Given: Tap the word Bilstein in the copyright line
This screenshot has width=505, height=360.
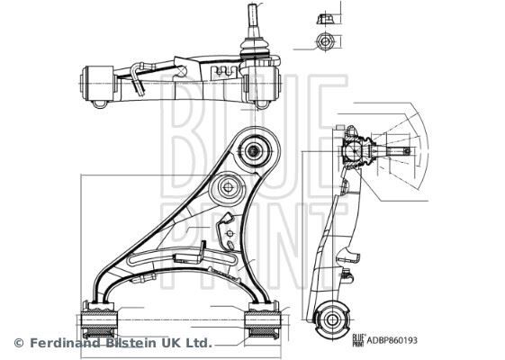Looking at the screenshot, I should click(x=133, y=343).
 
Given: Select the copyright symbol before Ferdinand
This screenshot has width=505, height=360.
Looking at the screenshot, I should click(x=19, y=343).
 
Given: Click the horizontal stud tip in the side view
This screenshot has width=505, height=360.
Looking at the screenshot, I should click(x=410, y=150).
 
